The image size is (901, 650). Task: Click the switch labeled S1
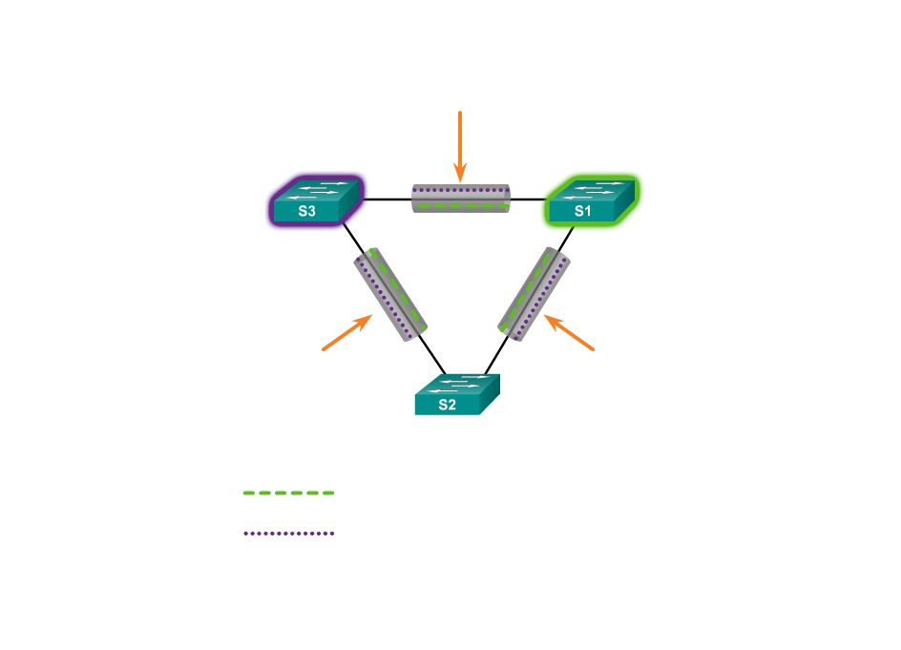(x=592, y=201)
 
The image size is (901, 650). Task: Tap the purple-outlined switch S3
(x=314, y=201)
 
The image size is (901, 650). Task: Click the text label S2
(x=448, y=404)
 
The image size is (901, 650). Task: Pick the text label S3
(x=306, y=212)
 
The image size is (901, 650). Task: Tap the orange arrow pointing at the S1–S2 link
(x=570, y=333)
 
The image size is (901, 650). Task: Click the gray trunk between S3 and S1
(x=461, y=199)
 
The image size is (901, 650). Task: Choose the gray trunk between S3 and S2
(x=390, y=294)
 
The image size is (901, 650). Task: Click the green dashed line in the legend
(x=289, y=493)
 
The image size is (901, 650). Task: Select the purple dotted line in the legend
(x=289, y=534)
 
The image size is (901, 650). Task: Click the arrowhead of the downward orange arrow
(x=460, y=173)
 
